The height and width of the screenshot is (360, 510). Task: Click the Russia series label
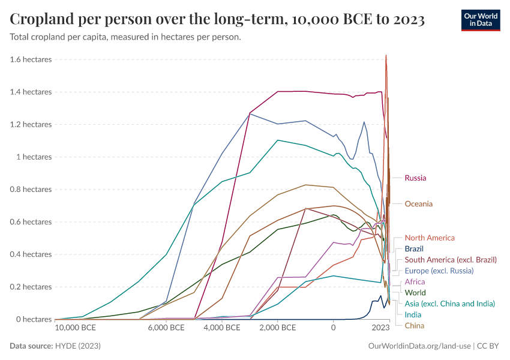[x=415, y=178]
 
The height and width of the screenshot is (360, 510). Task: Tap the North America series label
[x=430, y=238]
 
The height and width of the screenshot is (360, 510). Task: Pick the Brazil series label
[x=415, y=248]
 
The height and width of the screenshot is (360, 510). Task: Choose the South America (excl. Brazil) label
[x=451, y=260]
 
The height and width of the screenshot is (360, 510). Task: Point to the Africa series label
[x=415, y=282]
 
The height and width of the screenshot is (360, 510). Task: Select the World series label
[x=415, y=293]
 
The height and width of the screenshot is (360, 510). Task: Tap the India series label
[x=413, y=314]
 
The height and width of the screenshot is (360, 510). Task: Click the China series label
[x=414, y=326]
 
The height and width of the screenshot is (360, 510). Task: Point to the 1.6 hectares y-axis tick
[x=31, y=59]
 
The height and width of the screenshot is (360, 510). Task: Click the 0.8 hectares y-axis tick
[x=31, y=190]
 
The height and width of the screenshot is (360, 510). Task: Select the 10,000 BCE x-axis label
[x=76, y=328]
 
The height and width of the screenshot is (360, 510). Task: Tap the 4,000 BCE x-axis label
[x=222, y=328]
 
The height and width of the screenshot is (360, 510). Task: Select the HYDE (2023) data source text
[x=78, y=346]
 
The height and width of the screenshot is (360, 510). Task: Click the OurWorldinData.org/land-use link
[x=419, y=346]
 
